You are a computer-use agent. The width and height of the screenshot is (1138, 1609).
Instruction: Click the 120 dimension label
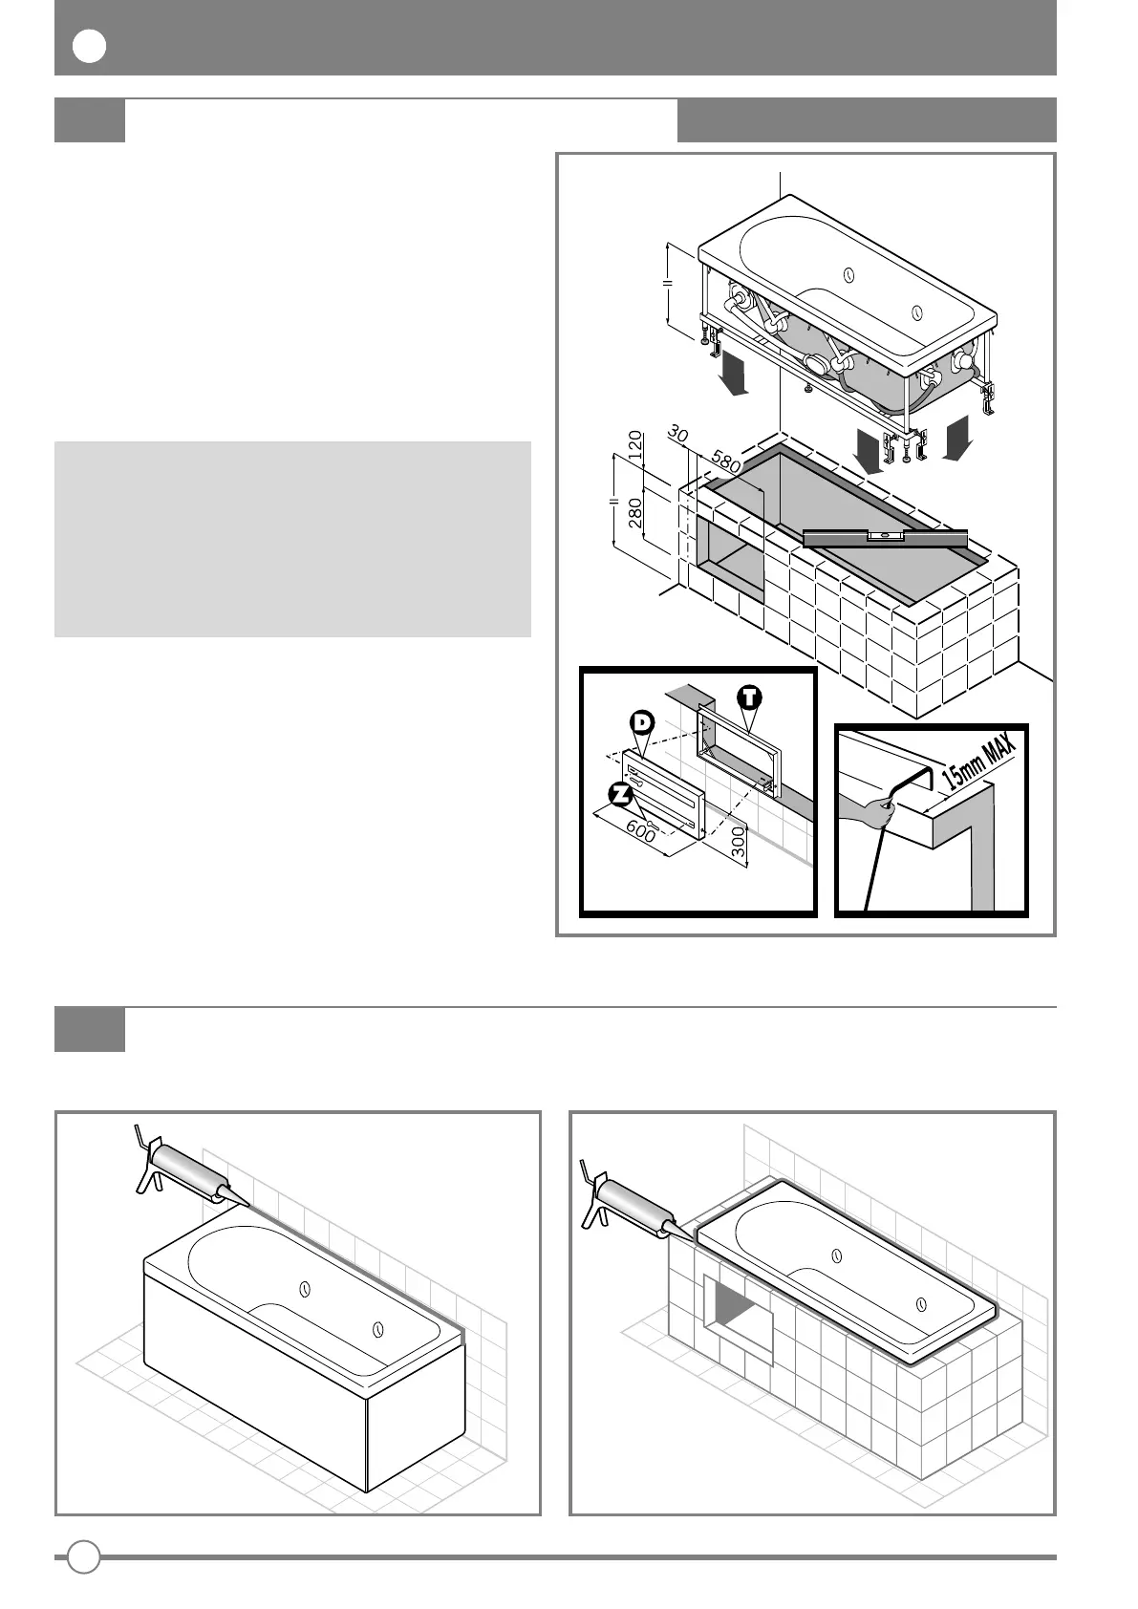[633, 446]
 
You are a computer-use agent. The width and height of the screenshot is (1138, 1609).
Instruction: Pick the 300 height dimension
[739, 842]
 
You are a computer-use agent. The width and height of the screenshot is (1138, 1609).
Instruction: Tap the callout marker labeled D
[641, 723]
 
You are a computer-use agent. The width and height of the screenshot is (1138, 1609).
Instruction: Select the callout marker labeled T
[751, 697]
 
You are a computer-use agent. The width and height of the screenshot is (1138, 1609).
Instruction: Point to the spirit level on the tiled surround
[885, 538]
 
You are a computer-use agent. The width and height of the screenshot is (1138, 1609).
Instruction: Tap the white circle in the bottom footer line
[84, 1556]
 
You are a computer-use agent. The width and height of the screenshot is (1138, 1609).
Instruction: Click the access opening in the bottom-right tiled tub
[739, 1308]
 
